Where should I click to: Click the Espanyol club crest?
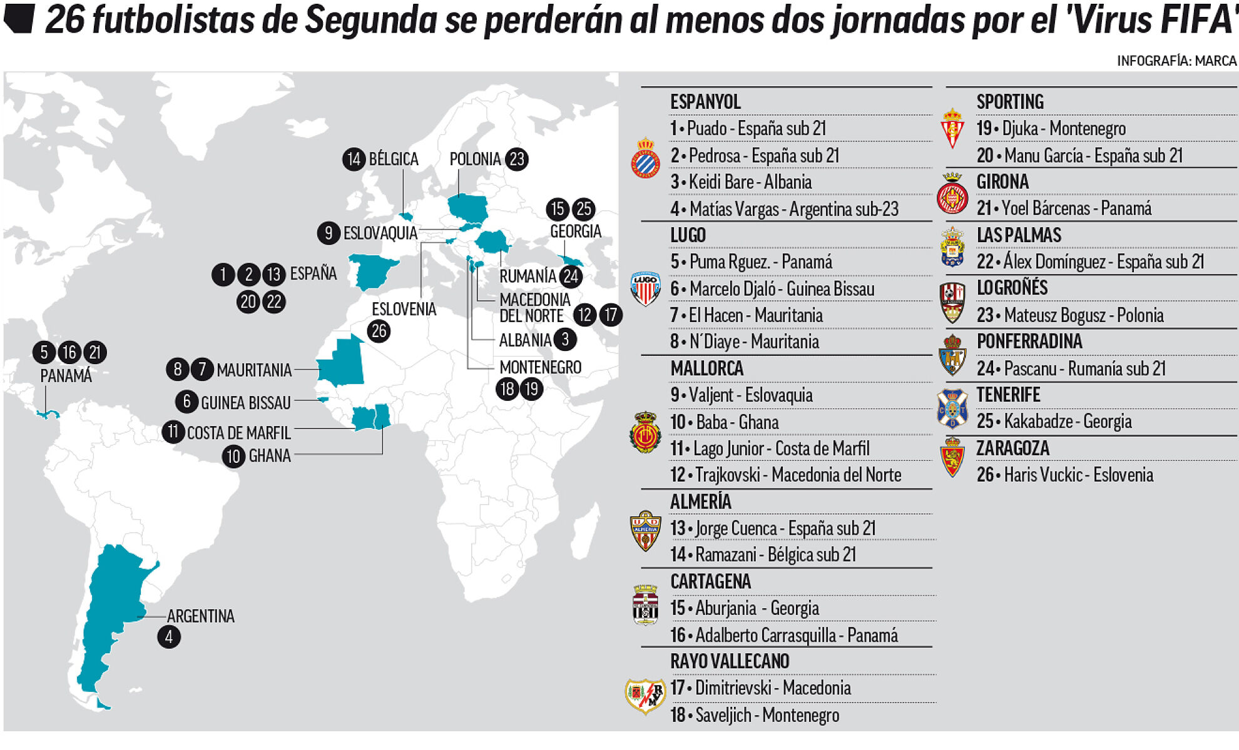click(x=645, y=158)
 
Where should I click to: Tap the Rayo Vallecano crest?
click(x=645, y=696)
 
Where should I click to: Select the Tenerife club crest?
click(x=952, y=408)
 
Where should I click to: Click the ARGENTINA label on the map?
click(x=201, y=616)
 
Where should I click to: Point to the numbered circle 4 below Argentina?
click(x=169, y=637)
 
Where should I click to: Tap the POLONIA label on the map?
click(x=475, y=160)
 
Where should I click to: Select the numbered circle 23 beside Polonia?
click(x=517, y=160)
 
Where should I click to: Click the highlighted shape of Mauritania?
click(x=341, y=364)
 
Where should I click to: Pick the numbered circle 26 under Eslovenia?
click(x=379, y=331)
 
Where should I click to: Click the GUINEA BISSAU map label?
click(x=245, y=403)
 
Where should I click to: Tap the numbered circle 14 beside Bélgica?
click(x=354, y=160)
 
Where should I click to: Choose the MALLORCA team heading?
click(x=706, y=368)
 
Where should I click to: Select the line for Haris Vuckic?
click(x=1064, y=475)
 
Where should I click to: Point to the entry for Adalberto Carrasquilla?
click(x=784, y=636)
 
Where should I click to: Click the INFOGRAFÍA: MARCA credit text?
click(x=1176, y=61)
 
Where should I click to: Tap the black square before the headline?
click(x=18, y=19)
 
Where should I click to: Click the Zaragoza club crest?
click(x=952, y=457)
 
